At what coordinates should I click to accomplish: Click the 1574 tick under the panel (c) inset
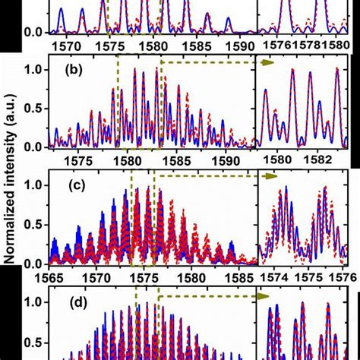(276, 278)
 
